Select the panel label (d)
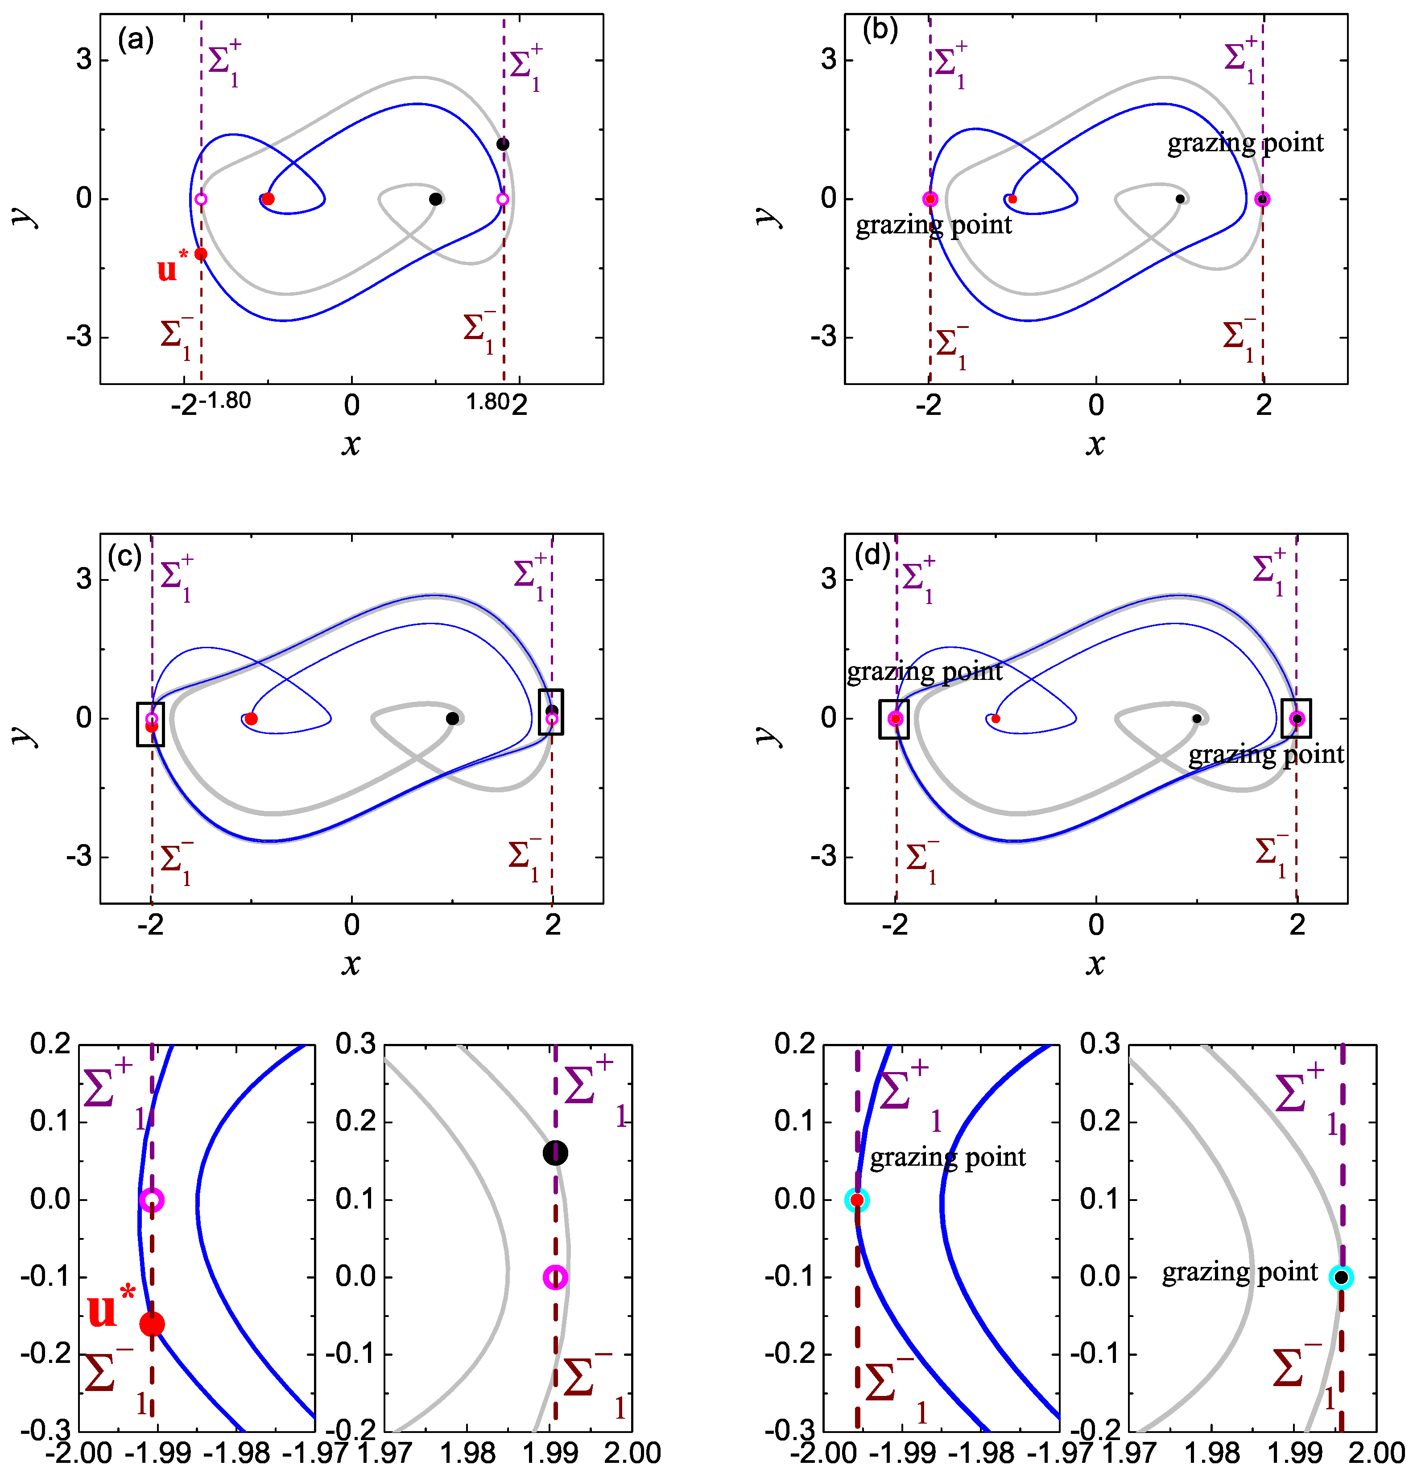(872, 556)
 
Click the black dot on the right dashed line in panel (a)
(502, 144)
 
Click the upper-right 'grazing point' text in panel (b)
(1245, 143)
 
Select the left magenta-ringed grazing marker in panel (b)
(930, 199)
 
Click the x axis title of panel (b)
(1095, 444)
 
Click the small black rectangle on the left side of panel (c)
(150, 724)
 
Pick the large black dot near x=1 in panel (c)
(452, 718)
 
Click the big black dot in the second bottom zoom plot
(555, 1152)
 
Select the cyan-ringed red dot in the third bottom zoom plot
(856, 1200)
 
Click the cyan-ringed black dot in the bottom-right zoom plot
(1341, 1277)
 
